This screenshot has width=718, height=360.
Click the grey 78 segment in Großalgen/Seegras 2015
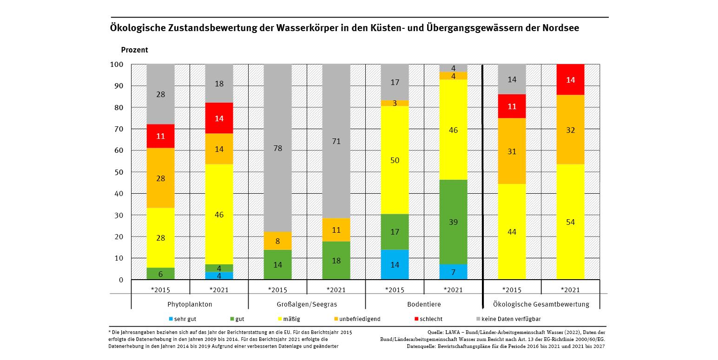(x=277, y=148)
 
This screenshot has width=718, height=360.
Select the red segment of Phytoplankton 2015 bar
(x=160, y=136)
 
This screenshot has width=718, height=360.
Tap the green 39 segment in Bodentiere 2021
(x=453, y=222)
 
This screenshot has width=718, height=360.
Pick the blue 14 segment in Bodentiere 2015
(x=395, y=265)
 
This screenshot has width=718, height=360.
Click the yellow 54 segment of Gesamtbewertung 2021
(x=570, y=222)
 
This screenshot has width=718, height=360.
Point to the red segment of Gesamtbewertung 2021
(x=570, y=79)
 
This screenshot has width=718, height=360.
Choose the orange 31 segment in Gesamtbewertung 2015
(x=512, y=151)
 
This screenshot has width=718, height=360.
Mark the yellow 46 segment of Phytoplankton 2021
(x=219, y=215)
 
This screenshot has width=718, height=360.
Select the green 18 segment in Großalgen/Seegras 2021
(x=336, y=261)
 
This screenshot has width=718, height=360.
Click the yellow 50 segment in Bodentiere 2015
(x=395, y=160)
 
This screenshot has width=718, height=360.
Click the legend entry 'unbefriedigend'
(x=359, y=319)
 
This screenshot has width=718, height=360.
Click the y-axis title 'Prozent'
(x=134, y=50)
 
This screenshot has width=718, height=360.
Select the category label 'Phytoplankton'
(x=190, y=305)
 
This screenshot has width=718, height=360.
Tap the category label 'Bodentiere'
(x=424, y=305)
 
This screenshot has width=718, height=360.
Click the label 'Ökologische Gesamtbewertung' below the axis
(x=541, y=305)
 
